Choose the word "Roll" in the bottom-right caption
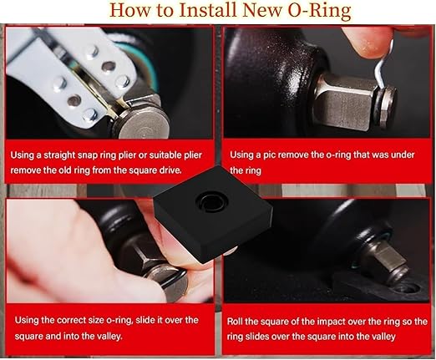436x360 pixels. (x=236, y=320)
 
